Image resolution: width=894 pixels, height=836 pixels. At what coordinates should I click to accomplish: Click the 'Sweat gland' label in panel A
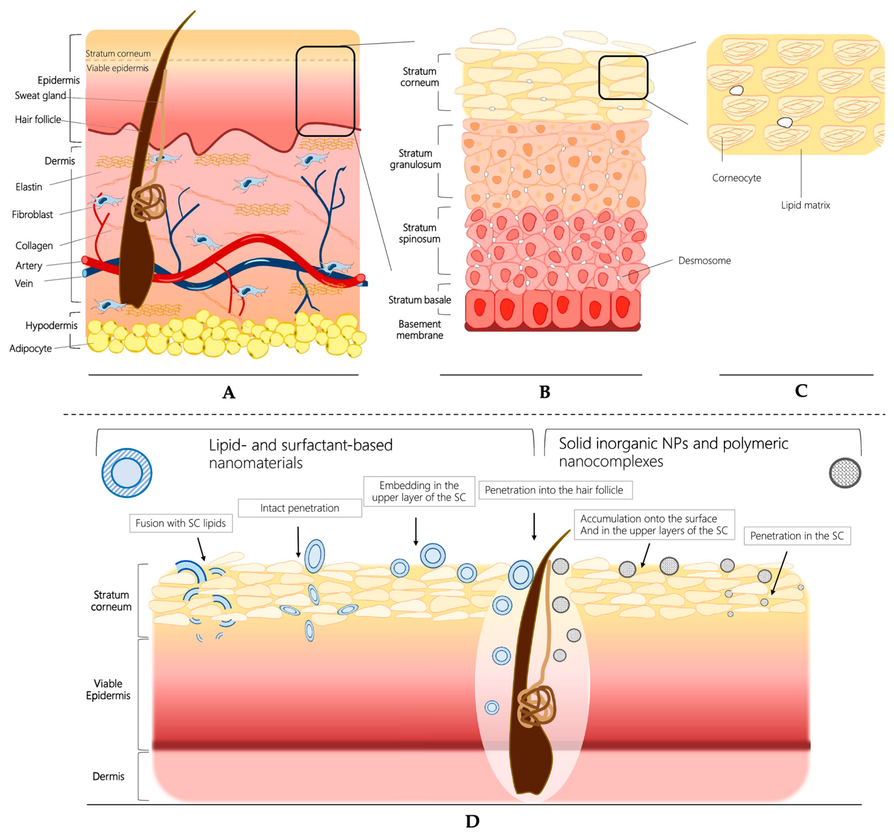click(x=40, y=96)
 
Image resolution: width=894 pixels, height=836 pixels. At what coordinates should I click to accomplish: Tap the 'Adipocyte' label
click(x=31, y=348)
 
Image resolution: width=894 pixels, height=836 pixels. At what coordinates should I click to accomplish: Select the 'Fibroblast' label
click(x=32, y=214)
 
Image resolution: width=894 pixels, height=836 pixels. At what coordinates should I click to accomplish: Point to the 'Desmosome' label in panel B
click(x=704, y=261)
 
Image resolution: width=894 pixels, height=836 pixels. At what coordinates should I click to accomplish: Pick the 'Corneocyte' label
click(x=736, y=178)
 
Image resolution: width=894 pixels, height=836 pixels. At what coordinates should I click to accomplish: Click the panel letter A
click(x=229, y=393)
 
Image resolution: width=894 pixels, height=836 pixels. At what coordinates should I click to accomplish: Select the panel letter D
click(x=472, y=821)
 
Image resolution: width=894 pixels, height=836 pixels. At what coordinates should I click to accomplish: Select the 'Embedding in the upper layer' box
click(x=419, y=491)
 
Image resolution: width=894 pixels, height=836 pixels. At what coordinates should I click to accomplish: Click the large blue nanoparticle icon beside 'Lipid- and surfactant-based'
click(x=127, y=473)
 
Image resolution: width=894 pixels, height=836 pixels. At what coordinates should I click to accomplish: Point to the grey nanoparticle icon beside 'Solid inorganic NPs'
click(x=845, y=473)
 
